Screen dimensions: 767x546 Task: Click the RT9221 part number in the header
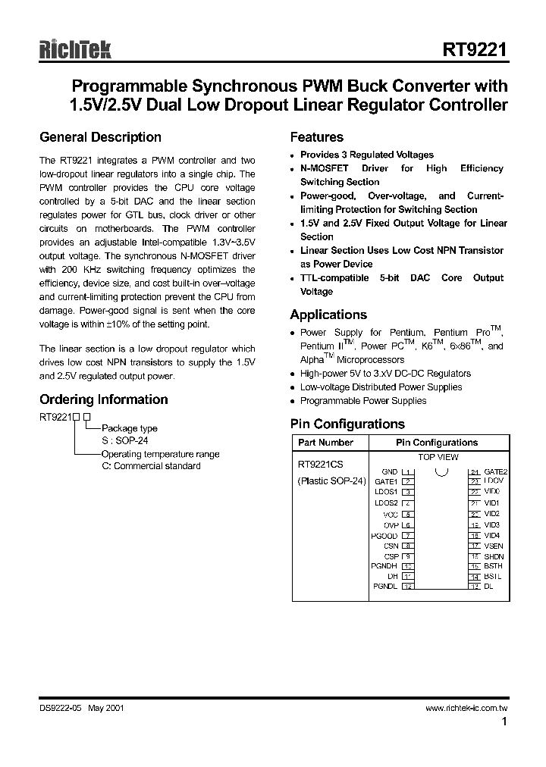(x=475, y=50)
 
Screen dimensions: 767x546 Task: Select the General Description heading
(x=100, y=137)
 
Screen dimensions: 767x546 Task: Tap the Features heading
(x=317, y=137)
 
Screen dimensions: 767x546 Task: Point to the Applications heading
(x=328, y=315)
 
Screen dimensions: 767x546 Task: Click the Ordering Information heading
(x=103, y=399)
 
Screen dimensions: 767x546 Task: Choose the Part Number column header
(x=325, y=442)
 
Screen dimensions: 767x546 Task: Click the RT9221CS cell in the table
(x=322, y=467)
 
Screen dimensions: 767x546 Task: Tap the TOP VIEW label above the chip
(x=438, y=457)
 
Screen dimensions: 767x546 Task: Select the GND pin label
(x=390, y=471)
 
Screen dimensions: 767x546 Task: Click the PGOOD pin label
(x=384, y=535)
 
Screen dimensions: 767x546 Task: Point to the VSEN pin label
(x=494, y=546)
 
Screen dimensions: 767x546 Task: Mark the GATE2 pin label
(x=496, y=471)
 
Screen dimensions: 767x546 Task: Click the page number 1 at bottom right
(x=504, y=722)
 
